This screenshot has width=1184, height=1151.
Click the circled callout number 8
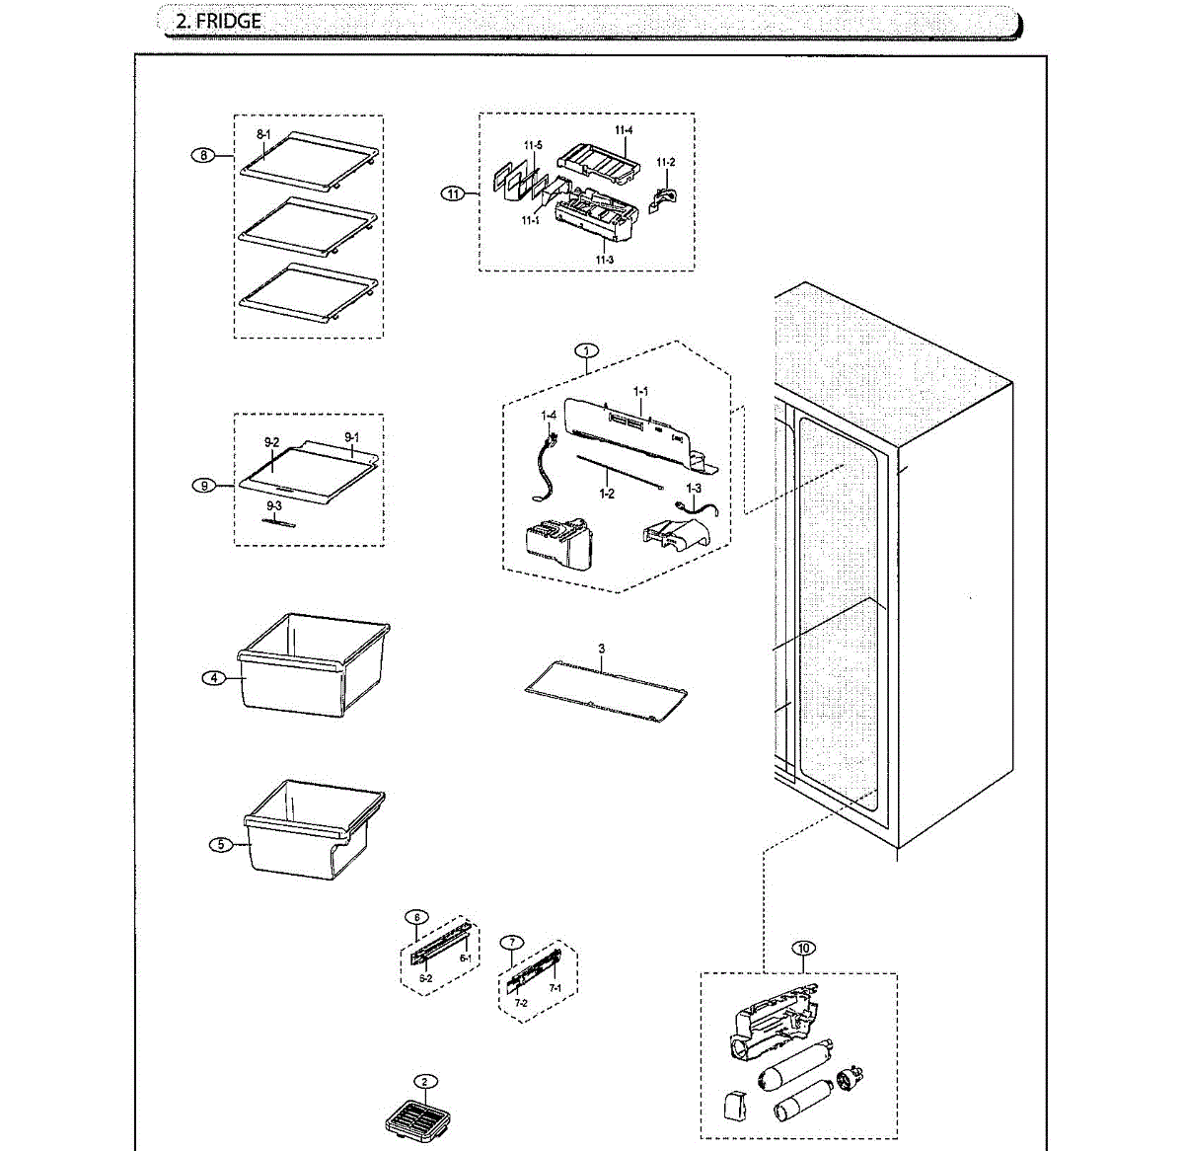[202, 155]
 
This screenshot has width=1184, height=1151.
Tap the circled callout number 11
[452, 193]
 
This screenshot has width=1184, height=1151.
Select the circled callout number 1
[587, 350]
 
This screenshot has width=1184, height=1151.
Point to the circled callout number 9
[203, 486]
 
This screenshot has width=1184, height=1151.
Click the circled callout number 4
[213, 678]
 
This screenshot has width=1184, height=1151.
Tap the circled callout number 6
[416, 917]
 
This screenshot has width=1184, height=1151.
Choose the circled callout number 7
[511, 942]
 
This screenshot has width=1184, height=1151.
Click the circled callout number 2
[424, 1081]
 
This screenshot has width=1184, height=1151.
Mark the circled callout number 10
[803, 949]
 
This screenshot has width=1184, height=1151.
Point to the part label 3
[601, 649]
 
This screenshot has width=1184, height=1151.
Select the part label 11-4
[624, 130]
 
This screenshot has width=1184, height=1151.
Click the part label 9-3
[273, 505]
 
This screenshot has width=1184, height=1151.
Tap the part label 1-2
[606, 493]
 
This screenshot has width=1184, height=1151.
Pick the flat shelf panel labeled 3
[606, 689]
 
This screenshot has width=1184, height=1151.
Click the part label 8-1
[263, 133]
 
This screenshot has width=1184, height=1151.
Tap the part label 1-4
[549, 416]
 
